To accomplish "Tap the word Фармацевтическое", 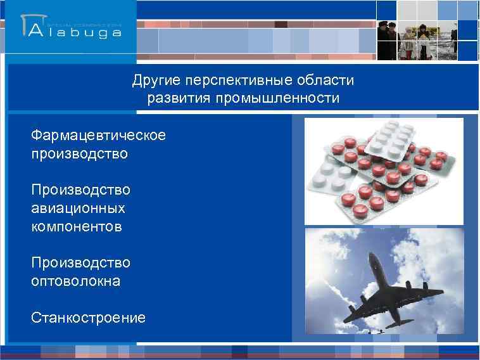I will point(98,136).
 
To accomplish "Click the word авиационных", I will point(70,208).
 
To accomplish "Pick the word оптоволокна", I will point(75,281).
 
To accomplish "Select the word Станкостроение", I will point(88,318).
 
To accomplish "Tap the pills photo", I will point(384,171).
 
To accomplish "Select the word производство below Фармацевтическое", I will point(79,154).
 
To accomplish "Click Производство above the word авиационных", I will point(80,190).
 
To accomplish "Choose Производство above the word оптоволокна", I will point(80,262).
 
